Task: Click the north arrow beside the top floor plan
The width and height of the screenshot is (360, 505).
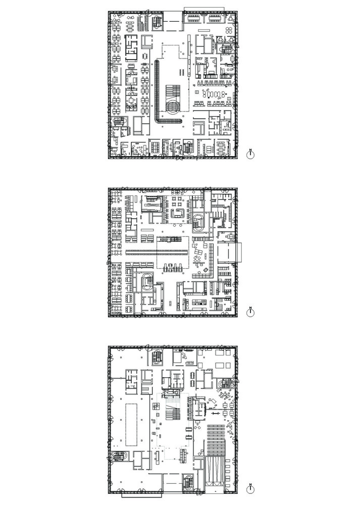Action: click(250, 154)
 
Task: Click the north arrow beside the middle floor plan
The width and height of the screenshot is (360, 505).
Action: click(250, 312)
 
